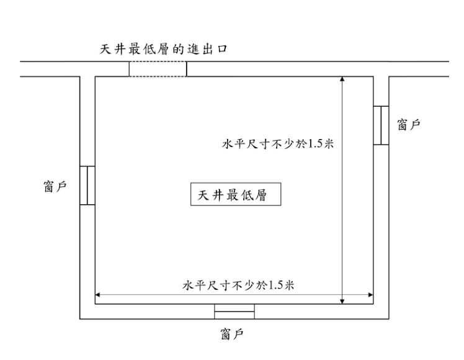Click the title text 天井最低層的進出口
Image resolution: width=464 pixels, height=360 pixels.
coord(164,50)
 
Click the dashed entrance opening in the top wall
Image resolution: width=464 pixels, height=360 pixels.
coord(158,69)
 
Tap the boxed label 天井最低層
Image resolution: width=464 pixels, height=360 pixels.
coord(236,194)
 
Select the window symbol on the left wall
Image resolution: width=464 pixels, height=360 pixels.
coord(87,185)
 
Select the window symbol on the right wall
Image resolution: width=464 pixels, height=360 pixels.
coord(381,125)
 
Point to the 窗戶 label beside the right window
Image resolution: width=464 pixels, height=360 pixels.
coord(408,125)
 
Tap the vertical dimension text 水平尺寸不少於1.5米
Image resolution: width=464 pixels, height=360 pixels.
coord(279,145)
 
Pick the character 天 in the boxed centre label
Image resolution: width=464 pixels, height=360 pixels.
coord(203,194)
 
